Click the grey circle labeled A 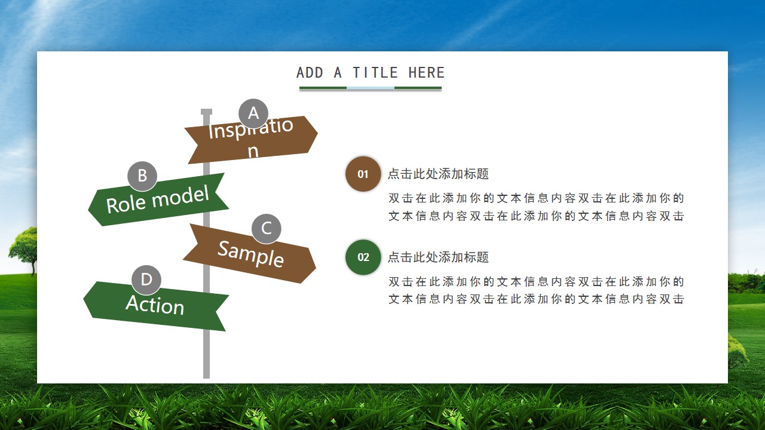[x=253, y=113]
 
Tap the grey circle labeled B [x=142, y=176]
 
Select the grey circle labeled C [x=267, y=229]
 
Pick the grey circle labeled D [x=146, y=280]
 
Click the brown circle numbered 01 [x=363, y=174]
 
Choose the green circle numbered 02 [x=363, y=257]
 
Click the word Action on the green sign [x=155, y=305]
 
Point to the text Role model [x=157, y=200]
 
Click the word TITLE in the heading [x=375, y=73]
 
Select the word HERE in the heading [x=427, y=73]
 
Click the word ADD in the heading [x=310, y=73]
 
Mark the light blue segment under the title [x=371, y=88]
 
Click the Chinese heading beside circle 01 [x=438, y=174]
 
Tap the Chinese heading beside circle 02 [x=438, y=257]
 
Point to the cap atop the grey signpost [x=206, y=112]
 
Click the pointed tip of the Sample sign [x=316, y=268]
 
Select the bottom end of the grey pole [x=206, y=378]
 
